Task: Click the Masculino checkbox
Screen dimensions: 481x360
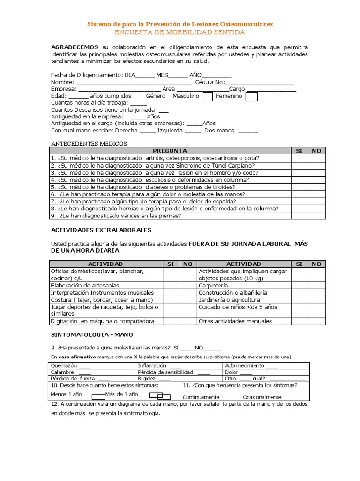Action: coord(208,96)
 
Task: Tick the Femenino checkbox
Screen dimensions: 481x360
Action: coord(252,96)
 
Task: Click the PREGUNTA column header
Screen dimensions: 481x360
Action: coord(170,151)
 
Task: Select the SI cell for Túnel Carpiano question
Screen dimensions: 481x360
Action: coord(299,165)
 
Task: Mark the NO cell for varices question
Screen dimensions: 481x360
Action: coord(316,216)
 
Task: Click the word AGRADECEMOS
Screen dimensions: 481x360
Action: coord(75,47)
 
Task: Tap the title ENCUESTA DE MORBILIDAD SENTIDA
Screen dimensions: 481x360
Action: coord(180,32)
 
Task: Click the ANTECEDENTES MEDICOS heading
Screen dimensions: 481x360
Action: coord(89,143)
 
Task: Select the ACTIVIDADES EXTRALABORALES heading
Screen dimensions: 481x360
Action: coord(101,230)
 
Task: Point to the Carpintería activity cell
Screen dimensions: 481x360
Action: coord(213,285)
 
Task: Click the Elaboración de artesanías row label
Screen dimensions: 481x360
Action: coord(85,285)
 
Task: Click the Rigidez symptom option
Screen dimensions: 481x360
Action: coord(148,379)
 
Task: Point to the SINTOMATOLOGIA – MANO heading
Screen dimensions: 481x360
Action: coord(92,334)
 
